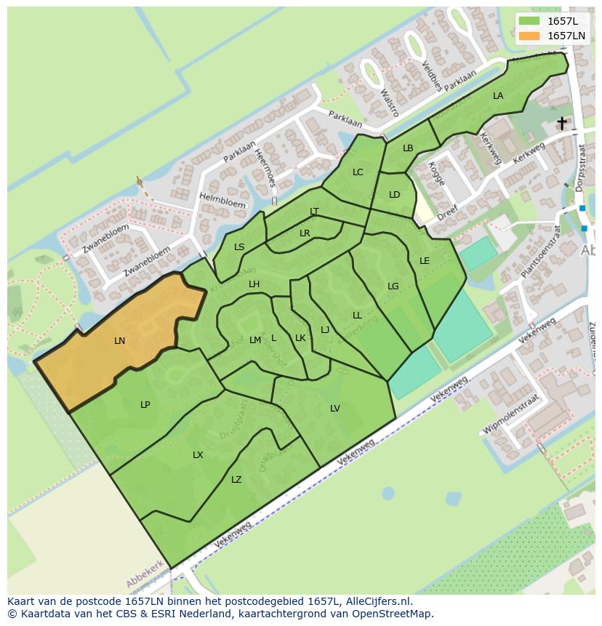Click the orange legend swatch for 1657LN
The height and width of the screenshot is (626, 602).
click(529, 36)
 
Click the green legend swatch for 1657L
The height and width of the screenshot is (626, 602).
click(529, 21)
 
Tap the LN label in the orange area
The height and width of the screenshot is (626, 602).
click(120, 340)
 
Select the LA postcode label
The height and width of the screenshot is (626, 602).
click(498, 96)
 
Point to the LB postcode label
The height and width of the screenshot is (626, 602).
click(408, 148)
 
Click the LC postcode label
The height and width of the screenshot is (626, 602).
click(358, 172)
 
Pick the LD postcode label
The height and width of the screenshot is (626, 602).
click(395, 195)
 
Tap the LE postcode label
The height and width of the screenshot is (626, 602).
click(425, 261)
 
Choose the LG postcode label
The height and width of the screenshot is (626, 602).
click(393, 286)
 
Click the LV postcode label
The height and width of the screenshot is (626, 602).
click(335, 409)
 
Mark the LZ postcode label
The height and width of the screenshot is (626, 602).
click(236, 480)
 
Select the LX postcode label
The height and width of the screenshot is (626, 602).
click(198, 455)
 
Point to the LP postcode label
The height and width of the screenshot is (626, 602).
click(145, 405)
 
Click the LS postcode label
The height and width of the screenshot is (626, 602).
click(239, 247)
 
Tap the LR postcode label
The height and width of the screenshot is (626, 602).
click(305, 233)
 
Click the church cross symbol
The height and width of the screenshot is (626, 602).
click(562, 123)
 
